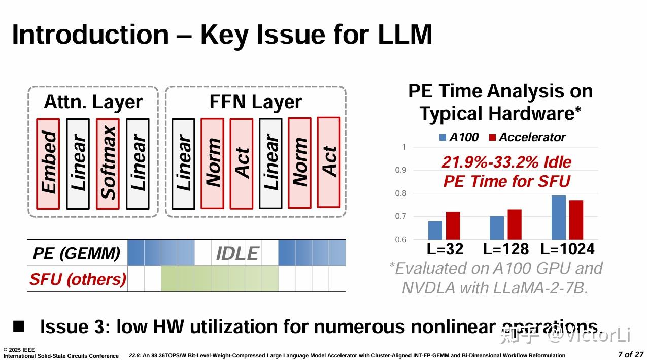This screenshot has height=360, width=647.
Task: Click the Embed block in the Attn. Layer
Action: coord(48,163)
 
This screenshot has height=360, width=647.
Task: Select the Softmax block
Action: coord(108,163)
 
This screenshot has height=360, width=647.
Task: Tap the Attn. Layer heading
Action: coord(93,102)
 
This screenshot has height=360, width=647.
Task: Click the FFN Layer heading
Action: coord(255,102)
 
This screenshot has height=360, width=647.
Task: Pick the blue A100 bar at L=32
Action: coord(435,231)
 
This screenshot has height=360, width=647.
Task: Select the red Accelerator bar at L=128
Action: coord(515,224)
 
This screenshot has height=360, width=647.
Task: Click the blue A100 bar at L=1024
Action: coord(559,217)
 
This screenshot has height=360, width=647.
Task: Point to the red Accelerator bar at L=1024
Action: coord(576,220)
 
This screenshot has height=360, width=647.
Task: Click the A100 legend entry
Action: coord(459,137)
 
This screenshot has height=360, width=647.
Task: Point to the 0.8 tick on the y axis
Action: coord(401,193)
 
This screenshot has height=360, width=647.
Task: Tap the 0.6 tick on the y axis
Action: coord(401,240)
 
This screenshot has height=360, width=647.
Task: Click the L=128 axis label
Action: coord(505,249)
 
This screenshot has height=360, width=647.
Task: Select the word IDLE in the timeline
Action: coord(237,253)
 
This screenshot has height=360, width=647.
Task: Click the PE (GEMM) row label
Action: coord(77,253)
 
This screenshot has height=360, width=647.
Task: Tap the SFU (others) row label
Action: coord(78,279)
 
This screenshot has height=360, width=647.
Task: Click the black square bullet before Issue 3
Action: coord(19,325)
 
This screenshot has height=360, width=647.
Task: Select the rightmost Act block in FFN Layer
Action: coord(328,162)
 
